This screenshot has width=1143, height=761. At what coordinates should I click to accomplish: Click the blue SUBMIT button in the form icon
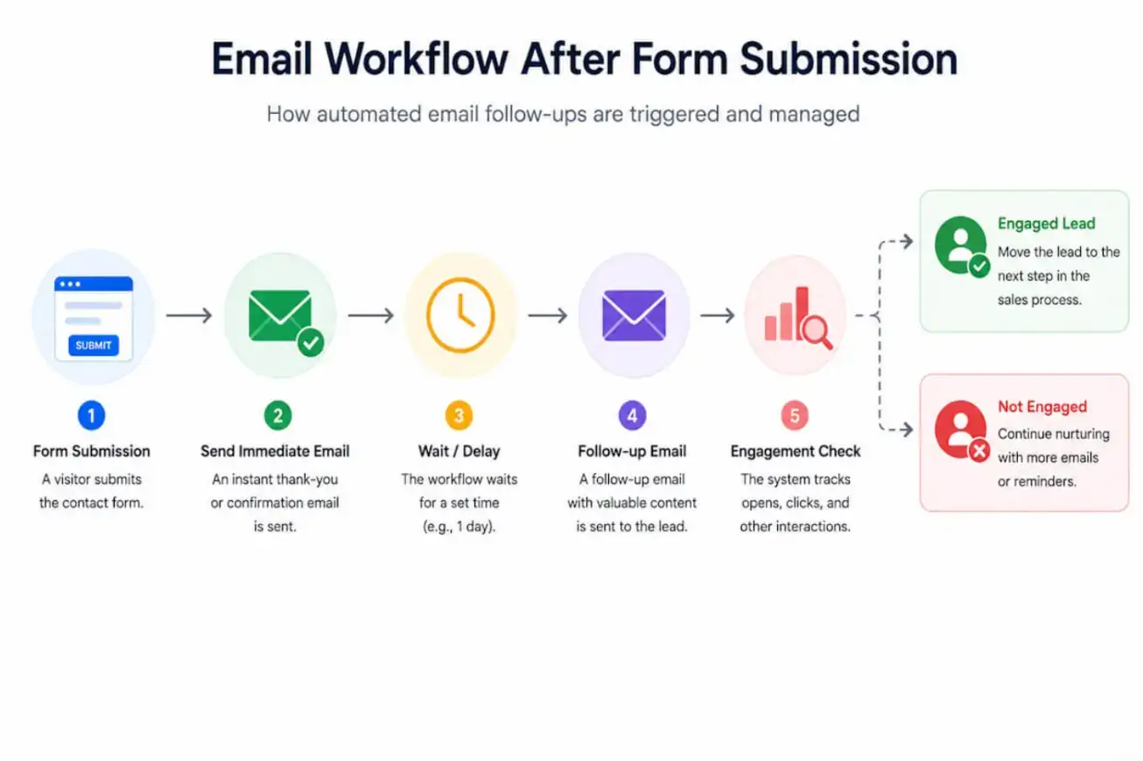[x=94, y=346]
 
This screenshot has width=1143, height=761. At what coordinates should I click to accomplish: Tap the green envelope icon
[x=280, y=315]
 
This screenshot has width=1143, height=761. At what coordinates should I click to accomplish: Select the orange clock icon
[x=460, y=315]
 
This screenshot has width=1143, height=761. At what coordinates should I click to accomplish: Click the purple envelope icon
[x=634, y=315]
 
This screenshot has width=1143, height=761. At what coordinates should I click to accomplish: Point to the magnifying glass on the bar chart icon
[x=817, y=332]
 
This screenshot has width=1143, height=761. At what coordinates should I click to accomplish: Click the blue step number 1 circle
[x=91, y=415]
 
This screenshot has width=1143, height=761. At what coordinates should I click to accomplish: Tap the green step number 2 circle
[x=277, y=415]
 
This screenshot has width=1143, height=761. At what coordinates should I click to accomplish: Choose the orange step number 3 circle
[x=459, y=415]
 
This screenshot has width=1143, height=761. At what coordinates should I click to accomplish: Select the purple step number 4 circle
[x=632, y=415]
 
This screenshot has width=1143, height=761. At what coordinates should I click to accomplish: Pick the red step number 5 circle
[x=795, y=415]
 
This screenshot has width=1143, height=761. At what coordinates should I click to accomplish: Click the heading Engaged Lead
[x=1047, y=223]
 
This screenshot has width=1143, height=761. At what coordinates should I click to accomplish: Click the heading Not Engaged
[x=1042, y=407]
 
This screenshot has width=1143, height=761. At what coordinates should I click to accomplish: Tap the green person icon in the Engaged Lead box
[x=960, y=245]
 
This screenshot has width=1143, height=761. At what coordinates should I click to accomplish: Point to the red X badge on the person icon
[x=979, y=450]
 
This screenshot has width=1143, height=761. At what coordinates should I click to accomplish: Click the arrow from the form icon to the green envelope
[x=189, y=315]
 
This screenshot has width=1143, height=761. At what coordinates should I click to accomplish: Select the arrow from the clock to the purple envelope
[x=548, y=315]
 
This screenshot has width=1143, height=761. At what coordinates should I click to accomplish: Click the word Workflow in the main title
[x=416, y=59]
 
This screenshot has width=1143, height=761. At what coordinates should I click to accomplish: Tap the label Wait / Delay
[x=459, y=451]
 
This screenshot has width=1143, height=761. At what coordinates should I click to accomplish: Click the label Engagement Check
[x=796, y=451]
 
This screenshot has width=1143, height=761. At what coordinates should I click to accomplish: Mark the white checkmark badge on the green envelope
[x=311, y=343]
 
